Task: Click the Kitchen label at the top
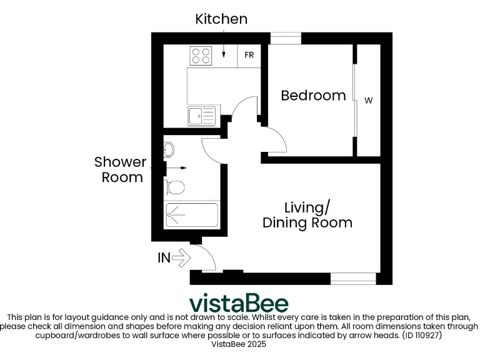[x=221, y=19]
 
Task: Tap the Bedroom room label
[x=313, y=96]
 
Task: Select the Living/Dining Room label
[x=307, y=215]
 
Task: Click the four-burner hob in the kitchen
[x=200, y=56]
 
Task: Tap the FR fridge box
[x=249, y=55]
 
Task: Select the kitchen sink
[x=201, y=116]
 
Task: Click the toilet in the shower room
[x=174, y=186]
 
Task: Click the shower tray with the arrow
[x=191, y=215]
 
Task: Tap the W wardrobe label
[x=368, y=100]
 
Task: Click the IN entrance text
[x=164, y=257]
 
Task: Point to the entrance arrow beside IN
[x=181, y=257]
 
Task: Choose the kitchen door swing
[x=244, y=109]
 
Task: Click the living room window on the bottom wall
[x=353, y=279]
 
